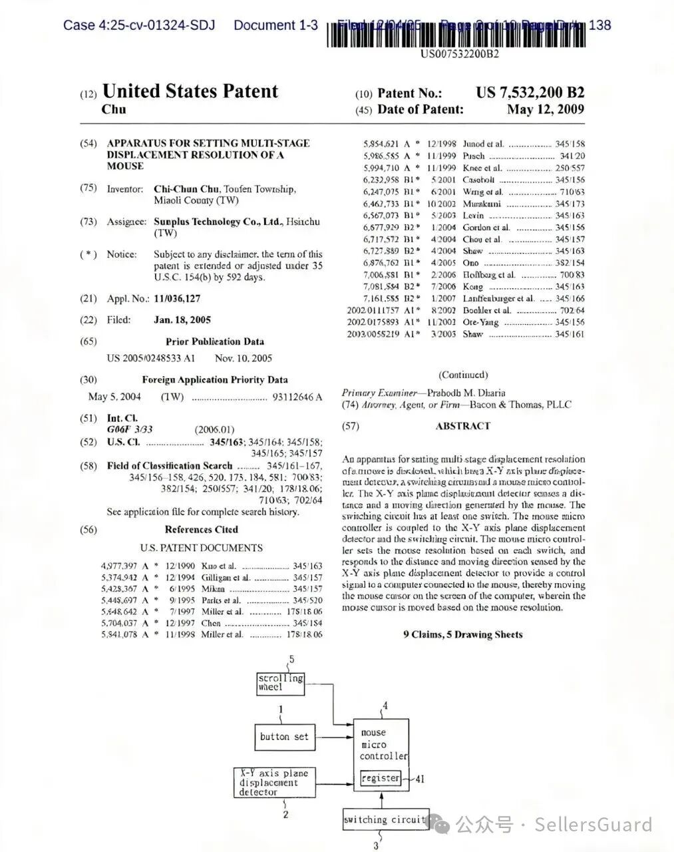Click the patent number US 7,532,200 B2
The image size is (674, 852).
(530, 93)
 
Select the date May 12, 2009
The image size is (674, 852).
(545, 110)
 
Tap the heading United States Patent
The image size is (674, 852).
(190, 91)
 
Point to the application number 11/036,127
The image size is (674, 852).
(177, 299)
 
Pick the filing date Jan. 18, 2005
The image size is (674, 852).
(182, 320)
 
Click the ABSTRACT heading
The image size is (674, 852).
(463, 426)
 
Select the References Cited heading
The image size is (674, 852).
(202, 530)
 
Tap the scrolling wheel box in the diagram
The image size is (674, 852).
(281, 682)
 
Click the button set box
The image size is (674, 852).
(284, 736)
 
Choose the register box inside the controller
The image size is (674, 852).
(381, 777)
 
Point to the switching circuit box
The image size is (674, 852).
(385, 819)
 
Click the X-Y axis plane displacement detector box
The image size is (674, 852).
(274, 783)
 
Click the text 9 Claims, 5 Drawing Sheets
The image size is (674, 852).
(463, 634)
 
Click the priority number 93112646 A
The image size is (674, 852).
(297, 397)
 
